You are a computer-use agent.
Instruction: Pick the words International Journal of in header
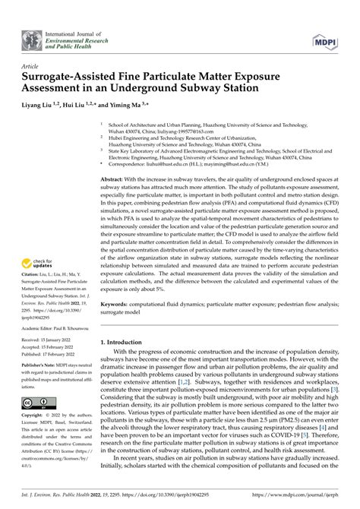(72, 31)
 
